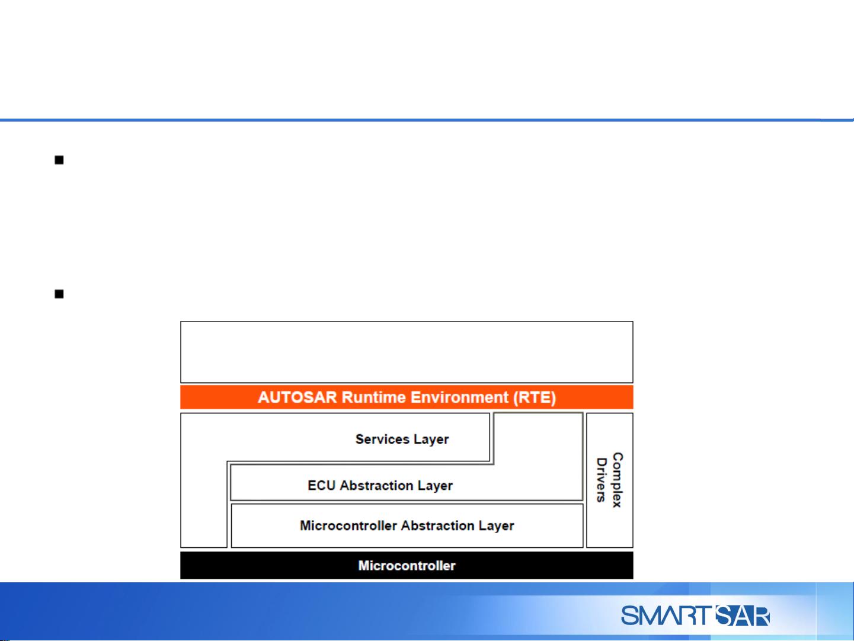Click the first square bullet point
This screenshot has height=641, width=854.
pos(59,160)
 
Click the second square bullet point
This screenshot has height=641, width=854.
pos(59,294)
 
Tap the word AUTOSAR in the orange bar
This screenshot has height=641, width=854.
pos(298,397)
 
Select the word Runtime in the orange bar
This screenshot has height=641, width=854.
pos(373,397)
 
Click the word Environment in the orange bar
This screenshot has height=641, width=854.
pos(459,397)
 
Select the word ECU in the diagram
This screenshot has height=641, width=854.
pos(321,485)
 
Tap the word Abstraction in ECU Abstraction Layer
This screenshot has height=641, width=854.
pos(376,485)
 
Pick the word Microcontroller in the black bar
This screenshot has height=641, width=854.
pos(407,566)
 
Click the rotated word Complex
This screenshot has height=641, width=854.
pos(618,480)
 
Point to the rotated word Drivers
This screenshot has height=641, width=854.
pos(602,480)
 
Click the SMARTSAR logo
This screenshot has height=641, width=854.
pos(695,616)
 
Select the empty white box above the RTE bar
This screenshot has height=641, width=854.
pos(407,352)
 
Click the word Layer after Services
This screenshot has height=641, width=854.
pos(431,439)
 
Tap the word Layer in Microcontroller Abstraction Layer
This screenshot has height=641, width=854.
pos(496,526)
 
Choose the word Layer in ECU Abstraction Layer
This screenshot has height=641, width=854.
pos(435,486)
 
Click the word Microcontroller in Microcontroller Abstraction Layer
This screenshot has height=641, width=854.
pos(348,525)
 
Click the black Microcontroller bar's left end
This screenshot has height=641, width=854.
pos(181,566)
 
